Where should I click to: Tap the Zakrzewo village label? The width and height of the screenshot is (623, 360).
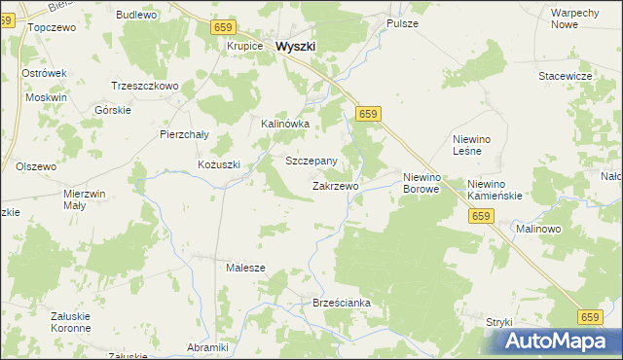coord(336,185)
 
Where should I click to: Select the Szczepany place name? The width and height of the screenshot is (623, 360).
coord(311,161)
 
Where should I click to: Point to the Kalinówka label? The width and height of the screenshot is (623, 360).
coord(285,125)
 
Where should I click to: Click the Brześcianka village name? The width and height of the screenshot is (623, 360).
coord(342,304)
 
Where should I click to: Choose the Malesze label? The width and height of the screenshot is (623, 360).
coord(245,267)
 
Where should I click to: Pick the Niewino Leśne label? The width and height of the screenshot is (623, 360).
coord(476,145)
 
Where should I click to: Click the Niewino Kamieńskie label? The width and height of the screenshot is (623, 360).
coord(495,190)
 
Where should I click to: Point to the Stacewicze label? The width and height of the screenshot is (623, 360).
coord(566,75)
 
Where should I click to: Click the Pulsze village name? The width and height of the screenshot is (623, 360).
coord(402,22)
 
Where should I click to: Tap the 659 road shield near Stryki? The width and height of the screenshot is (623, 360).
coord(589,317)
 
